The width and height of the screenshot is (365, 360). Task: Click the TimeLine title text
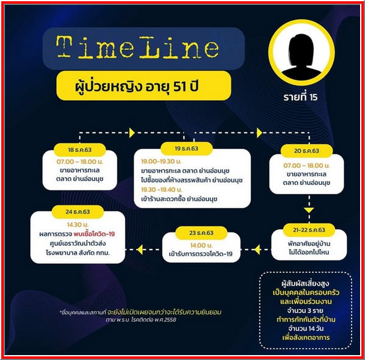click(x=137, y=47)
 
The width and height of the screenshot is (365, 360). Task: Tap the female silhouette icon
click(x=302, y=57)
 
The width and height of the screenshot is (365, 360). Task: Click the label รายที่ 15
click(x=300, y=97)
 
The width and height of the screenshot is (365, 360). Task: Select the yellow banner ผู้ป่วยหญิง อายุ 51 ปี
click(x=143, y=85)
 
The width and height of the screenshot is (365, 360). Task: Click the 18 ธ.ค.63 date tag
click(x=79, y=149)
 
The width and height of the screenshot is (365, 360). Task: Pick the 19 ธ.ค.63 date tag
click(x=186, y=148)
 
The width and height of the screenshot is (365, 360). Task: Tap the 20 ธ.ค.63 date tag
click(x=306, y=151)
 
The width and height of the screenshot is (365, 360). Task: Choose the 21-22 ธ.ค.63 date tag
click(x=309, y=230)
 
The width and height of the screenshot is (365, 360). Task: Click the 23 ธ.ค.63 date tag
click(x=201, y=232)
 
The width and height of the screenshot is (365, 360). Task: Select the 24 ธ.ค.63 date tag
click(x=78, y=212)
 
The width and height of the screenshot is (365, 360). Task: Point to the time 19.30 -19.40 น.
click(x=162, y=190)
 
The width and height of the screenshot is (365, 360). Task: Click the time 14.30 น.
click(x=78, y=225)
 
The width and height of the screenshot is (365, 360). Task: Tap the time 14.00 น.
click(x=201, y=245)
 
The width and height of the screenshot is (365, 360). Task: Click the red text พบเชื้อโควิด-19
click(x=94, y=234)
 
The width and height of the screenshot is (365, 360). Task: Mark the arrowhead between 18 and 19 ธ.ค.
click(x=132, y=133)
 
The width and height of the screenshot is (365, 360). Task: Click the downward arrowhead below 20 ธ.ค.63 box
click(x=309, y=210)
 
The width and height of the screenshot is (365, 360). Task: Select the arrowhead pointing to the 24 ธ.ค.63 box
click(x=140, y=250)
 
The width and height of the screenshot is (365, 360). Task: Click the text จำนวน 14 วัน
click(x=306, y=329)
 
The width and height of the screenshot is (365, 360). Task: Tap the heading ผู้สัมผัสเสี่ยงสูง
click(x=305, y=284)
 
